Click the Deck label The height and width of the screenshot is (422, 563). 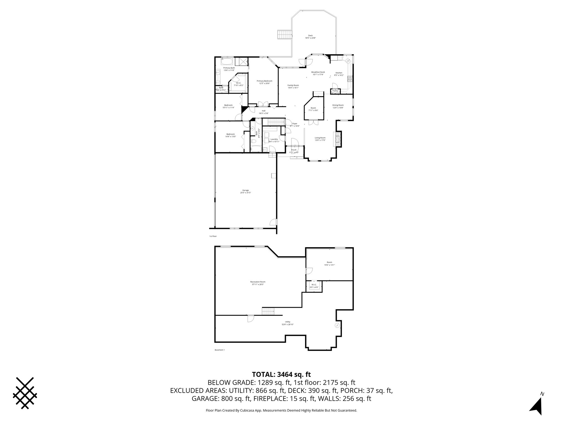(310, 35)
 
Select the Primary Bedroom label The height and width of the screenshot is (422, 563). (264, 81)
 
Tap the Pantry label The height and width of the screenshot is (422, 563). (335, 91)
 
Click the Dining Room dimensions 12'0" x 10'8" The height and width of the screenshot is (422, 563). (338, 108)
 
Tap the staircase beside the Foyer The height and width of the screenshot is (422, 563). (275, 122)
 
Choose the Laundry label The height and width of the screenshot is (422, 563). (274, 139)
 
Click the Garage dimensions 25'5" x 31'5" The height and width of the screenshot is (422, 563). (245, 193)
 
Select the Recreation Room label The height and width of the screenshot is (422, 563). (258, 282)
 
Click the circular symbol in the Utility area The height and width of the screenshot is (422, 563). (337, 325)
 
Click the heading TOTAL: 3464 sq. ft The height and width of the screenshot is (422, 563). (281, 374)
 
